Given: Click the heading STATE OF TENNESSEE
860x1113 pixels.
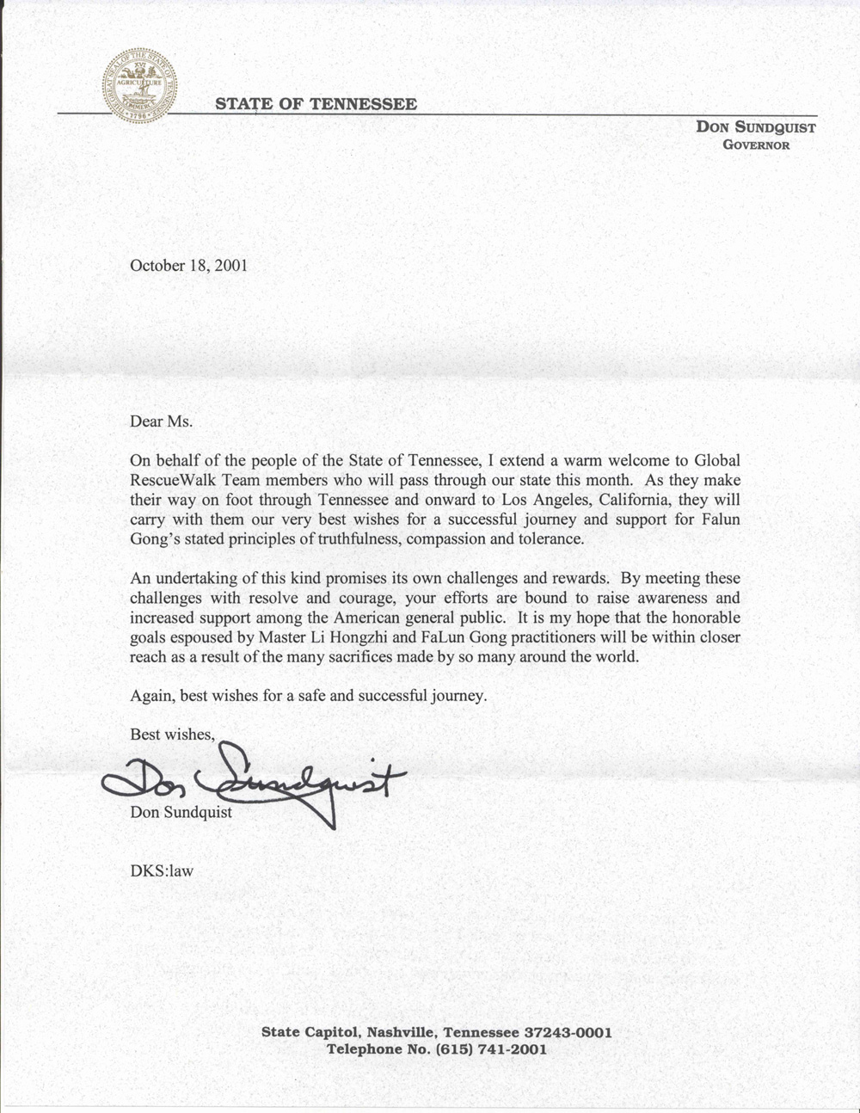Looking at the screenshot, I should coord(316,104).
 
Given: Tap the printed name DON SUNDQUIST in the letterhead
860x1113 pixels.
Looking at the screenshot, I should coord(756,127).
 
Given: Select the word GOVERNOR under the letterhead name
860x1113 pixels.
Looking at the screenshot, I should coord(756,145).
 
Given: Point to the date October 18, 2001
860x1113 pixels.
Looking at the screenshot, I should coord(188,265).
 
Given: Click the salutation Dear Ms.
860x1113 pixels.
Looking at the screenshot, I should coord(162,421).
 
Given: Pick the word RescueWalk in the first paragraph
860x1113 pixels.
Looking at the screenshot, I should coord(168,480).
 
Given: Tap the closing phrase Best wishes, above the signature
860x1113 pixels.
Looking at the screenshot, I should coord(172,734).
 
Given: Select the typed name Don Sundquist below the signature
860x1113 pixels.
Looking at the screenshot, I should coord(181,812).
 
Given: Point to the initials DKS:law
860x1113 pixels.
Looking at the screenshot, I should coord(162,870).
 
